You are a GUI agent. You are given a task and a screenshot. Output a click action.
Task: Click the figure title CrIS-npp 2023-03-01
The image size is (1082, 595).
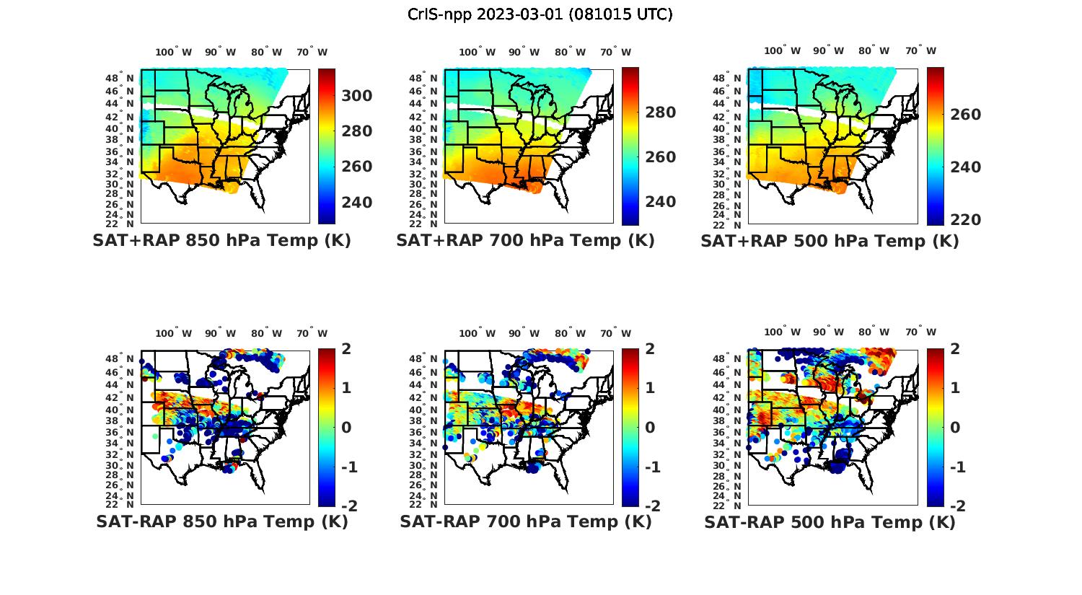(540, 14)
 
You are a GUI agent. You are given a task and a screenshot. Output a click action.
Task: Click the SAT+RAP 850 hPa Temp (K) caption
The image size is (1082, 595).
(221, 241)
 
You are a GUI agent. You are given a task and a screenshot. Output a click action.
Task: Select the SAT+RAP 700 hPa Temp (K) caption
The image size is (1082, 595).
(525, 241)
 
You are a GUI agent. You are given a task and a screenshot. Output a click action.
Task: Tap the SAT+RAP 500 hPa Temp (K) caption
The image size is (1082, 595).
(830, 242)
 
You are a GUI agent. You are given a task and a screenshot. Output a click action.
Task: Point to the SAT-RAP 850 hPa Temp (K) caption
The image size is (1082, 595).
(221, 521)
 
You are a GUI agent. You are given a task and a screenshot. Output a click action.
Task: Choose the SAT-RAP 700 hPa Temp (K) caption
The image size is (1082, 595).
(525, 521)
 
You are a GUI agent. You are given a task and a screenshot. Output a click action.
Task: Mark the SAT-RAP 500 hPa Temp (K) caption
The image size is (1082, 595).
(830, 522)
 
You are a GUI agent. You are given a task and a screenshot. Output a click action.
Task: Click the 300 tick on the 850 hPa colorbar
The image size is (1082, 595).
(356, 96)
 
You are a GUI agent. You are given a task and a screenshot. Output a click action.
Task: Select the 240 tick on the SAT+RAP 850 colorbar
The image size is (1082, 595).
(356, 203)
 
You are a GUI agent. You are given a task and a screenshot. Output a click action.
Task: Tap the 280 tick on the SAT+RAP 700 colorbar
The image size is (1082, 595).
(660, 113)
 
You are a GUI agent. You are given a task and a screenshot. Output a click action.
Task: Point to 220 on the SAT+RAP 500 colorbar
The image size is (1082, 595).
(965, 220)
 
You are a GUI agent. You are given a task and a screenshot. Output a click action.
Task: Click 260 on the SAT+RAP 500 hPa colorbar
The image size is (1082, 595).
(965, 115)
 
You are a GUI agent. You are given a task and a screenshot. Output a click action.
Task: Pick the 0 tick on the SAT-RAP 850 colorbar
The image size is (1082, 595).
(346, 428)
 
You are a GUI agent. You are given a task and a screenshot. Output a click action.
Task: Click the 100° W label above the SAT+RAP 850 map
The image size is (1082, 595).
(173, 52)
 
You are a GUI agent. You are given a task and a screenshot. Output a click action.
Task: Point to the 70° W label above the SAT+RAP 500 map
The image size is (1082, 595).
(920, 50)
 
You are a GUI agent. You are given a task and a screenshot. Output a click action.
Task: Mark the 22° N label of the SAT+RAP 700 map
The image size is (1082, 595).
(423, 224)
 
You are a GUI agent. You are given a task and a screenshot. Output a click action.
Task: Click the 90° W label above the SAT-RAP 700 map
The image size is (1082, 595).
(524, 333)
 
